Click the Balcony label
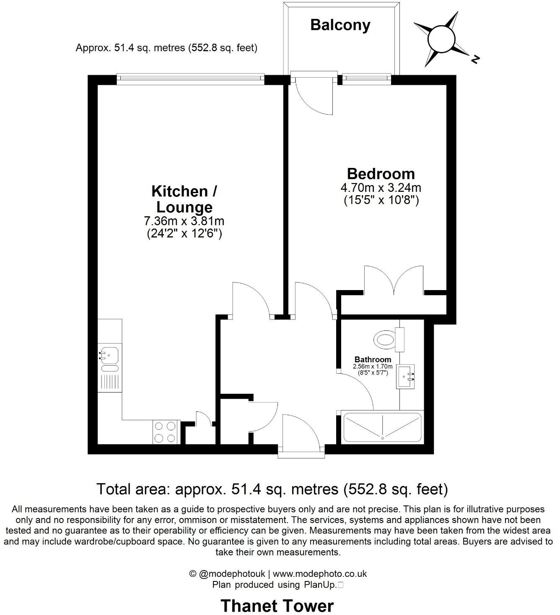tap(340, 25)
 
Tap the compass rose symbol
tap(441, 39)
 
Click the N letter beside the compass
tap(475, 59)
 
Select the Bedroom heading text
tap(381, 173)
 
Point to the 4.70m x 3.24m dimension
tap(381, 187)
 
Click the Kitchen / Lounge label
tap(184, 199)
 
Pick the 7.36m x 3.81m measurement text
tap(184, 221)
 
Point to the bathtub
tap(382, 428)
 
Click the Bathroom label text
tap(373, 359)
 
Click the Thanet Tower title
tap(277, 606)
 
